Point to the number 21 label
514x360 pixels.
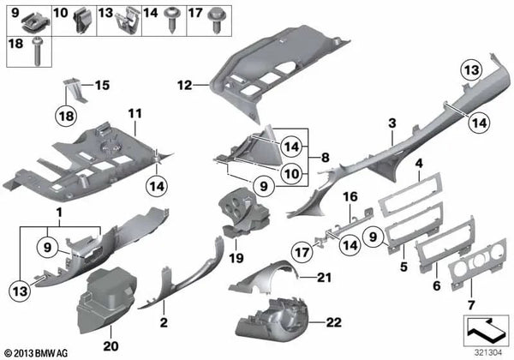point(324,277)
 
